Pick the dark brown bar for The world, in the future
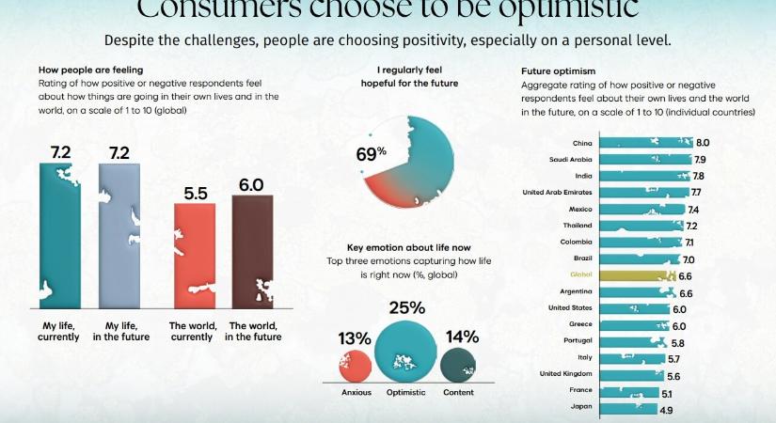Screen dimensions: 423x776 (x=252, y=252)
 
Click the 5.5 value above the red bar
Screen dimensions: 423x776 (x=194, y=192)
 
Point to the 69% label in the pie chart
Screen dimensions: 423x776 (x=372, y=154)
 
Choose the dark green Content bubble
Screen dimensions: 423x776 (x=458, y=364)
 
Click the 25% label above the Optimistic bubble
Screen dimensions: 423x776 (x=406, y=307)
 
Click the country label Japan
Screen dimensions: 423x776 (x=580, y=406)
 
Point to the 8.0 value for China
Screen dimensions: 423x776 (x=702, y=143)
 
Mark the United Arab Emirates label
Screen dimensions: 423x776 (x=558, y=192)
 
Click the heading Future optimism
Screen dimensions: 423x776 (x=559, y=71)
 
